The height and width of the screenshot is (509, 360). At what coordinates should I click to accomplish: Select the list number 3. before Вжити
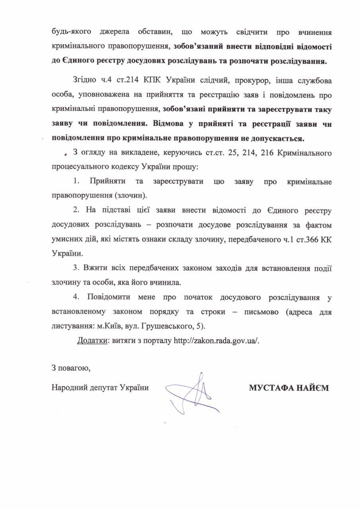click(x=76, y=268)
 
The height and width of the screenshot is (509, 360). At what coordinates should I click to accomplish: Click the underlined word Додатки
click(x=91, y=341)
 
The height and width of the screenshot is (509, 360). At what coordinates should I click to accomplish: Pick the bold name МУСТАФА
click(x=271, y=388)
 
